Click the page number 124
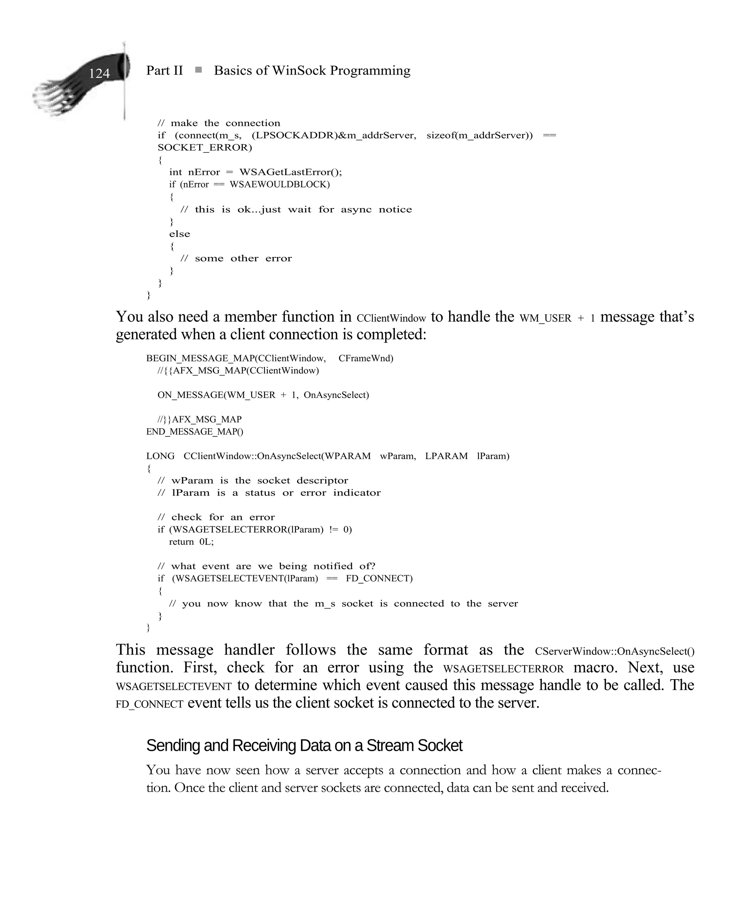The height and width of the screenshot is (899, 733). (x=99, y=73)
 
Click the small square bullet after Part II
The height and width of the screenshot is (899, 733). (x=198, y=70)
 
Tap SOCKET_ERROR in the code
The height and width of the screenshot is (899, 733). (x=204, y=148)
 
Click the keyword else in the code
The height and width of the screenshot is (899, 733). (x=179, y=234)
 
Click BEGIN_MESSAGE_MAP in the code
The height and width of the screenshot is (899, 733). (x=199, y=358)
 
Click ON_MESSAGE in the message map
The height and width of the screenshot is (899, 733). (x=189, y=395)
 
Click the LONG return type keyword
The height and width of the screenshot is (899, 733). (x=160, y=456)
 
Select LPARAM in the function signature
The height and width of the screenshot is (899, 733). (x=446, y=456)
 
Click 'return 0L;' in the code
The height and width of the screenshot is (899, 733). (x=191, y=542)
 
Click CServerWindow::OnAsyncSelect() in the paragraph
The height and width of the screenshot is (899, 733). (x=614, y=652)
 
